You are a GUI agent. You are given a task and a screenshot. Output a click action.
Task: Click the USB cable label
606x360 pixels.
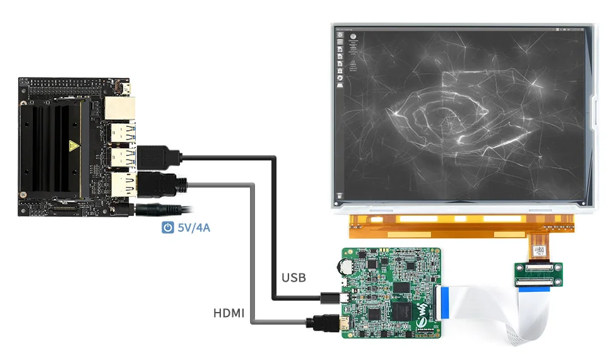click(x=294, y=277)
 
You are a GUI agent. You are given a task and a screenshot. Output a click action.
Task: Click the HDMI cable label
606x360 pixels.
click(x=229, y=312)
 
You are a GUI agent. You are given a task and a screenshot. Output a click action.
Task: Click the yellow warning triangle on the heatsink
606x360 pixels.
click(x=74, y=148)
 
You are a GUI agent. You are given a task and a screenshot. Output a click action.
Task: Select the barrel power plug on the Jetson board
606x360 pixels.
click(x=158, y=210)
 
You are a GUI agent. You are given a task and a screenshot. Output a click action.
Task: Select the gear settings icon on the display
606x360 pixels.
click(x=340, y=77)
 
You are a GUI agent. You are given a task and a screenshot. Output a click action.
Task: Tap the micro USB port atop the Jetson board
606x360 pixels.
click(x=126, y=88)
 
